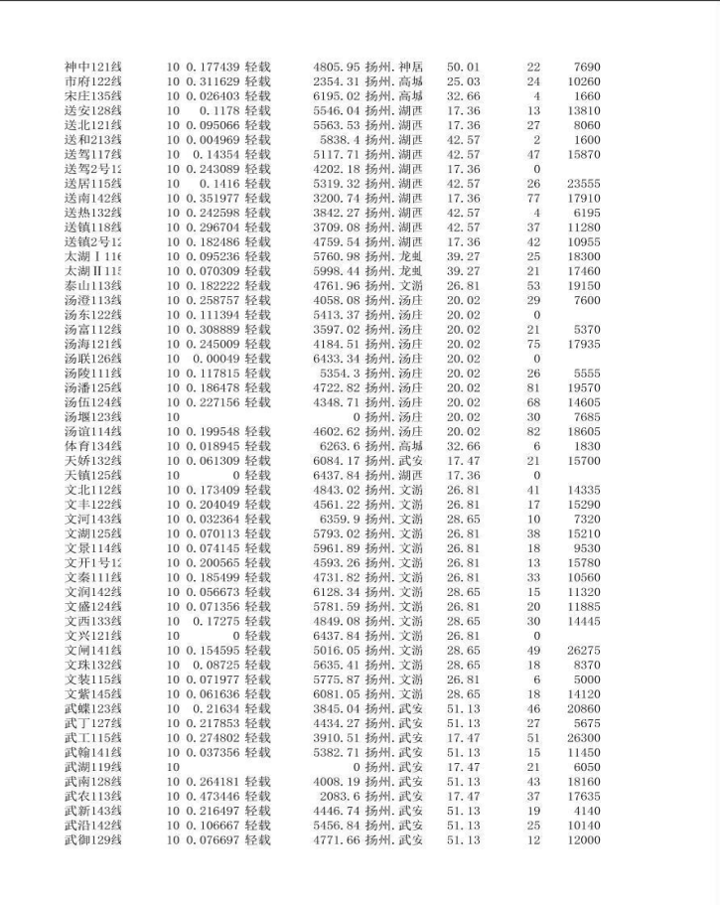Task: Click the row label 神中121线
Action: pos(92,67)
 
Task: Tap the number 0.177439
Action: pos(213,67)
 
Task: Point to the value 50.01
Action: pos(463,67)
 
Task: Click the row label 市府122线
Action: pos(92,81)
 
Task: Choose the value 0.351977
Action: pos(213,199)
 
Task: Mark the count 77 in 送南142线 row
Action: pos(533,199)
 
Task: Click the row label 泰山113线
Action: pos(92,286)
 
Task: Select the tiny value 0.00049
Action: pos(216,359)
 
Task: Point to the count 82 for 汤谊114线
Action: pos(533,432)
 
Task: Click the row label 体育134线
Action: pos(92,447)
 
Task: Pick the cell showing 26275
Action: pos(584,651)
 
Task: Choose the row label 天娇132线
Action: pos(92,461)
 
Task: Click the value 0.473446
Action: pos(213,797)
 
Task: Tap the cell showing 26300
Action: pos(584,738)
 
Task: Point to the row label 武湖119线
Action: pos(92,768)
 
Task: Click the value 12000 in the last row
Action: pos(584,840)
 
